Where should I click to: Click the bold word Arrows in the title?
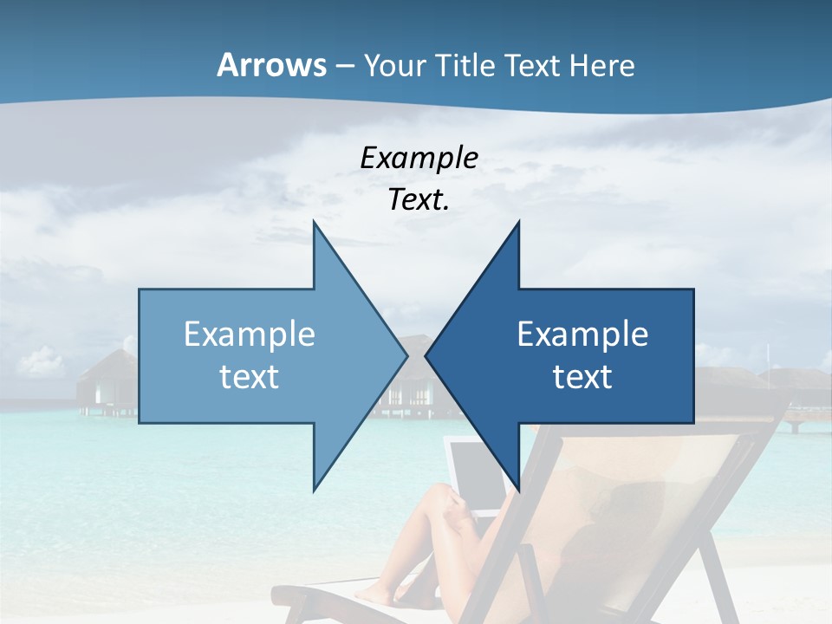point(271,65)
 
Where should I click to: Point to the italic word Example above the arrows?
point(419,158)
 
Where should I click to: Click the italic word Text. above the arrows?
point(419,199)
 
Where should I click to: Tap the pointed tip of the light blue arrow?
point(405,355)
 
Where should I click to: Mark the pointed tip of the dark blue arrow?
point(428,355)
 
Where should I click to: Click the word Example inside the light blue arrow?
point(250,334)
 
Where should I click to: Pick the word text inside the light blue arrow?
point(250,376)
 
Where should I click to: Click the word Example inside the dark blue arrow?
point(582,334)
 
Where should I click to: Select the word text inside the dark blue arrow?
point(582,376)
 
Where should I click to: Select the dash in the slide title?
point(344,66)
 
